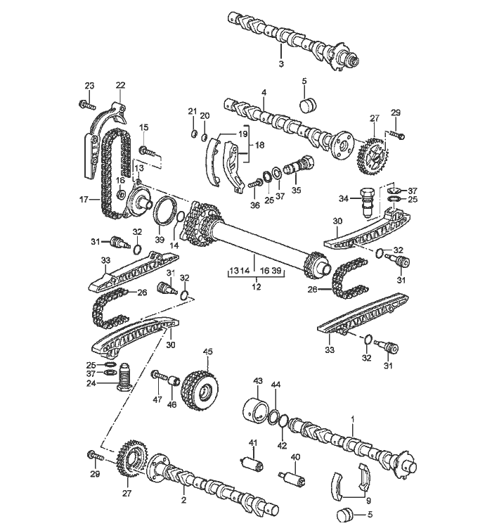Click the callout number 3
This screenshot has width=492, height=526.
pyautogui.click(x=281, y=64)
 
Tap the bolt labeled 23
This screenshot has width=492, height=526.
pyautogui.click(x=87, y=104)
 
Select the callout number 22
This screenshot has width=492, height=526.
pyautogui.click(x=120, y=85)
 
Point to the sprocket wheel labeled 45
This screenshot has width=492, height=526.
pyautogui.click(x=200, y=388)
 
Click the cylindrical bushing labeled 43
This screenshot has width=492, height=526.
pyautogui.click(x=256, y=409)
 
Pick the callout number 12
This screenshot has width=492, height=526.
pyautogui.click(x=257, y=287)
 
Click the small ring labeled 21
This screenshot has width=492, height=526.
pyautogui.click(x=193, y=134)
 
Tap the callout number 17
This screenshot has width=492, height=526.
pyautogui.click(x=84, y=200)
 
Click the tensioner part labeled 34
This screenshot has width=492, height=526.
pyautogui.click(x=368, y=202)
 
